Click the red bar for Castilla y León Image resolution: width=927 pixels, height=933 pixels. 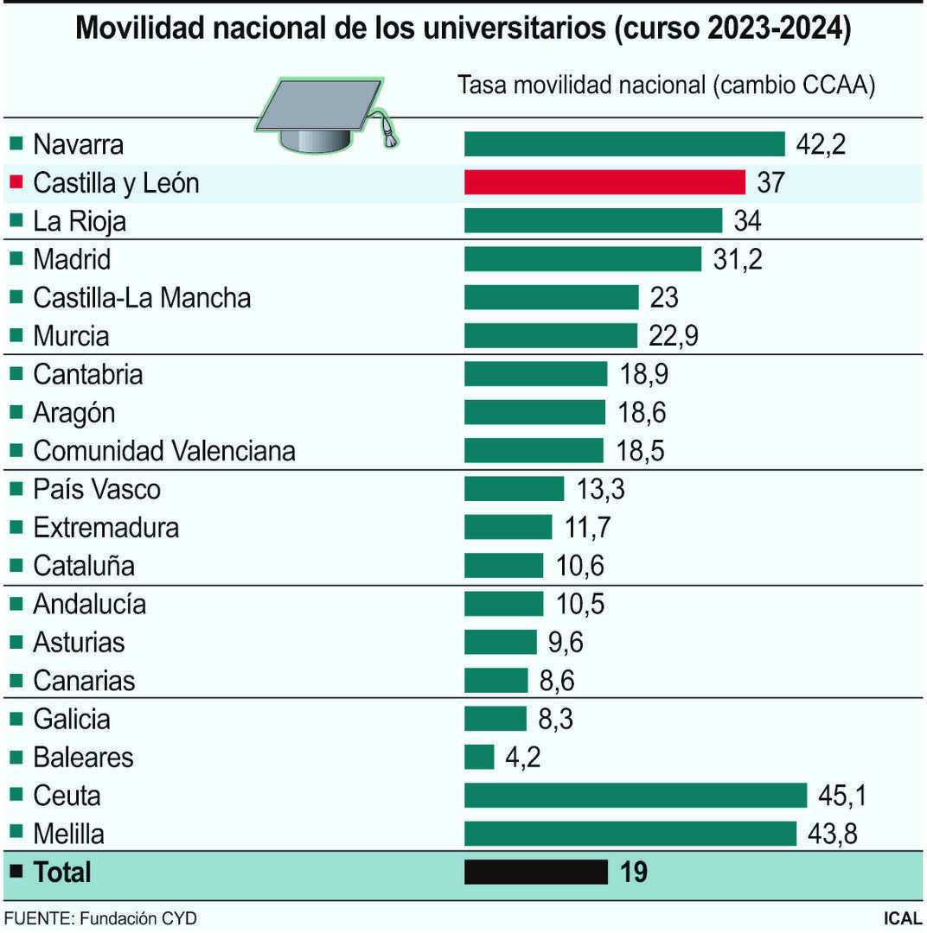coord(604,182)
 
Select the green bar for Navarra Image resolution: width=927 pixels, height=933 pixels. coord(623,143)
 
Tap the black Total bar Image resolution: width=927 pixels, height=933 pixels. coord(535,872)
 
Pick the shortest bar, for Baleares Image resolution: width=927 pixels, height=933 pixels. coord(479,757)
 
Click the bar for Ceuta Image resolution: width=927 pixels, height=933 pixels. coord(635,795)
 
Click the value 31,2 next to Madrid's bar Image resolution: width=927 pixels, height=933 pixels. coord(738,259)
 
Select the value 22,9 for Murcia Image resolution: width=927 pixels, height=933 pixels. coord(672,335)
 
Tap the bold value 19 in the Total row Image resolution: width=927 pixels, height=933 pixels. coord(634,872)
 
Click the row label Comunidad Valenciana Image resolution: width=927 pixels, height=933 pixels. coord(163,450)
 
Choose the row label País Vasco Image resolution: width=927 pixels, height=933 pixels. coord(96,489)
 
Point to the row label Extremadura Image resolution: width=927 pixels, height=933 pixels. coord(105,527)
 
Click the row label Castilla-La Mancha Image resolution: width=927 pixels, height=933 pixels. coord(142,298)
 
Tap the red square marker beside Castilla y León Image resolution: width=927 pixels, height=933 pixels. coord(16,181)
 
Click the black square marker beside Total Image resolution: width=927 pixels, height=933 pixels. coord(16,872)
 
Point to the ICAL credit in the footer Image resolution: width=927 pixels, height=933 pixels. coord(901,917)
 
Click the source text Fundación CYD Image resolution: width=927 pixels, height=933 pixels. coord(138,917)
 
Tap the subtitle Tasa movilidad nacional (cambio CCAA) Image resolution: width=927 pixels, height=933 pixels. coord(666,86)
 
